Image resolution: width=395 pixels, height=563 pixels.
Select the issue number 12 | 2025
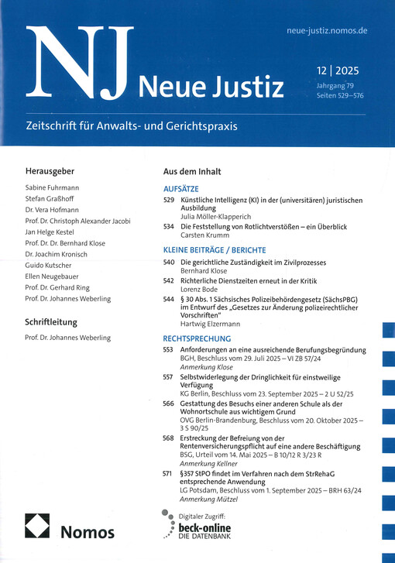[341, 70]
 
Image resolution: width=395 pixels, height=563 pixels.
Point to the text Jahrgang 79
[338, 84]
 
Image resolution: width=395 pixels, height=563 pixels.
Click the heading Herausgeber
[53, 171]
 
